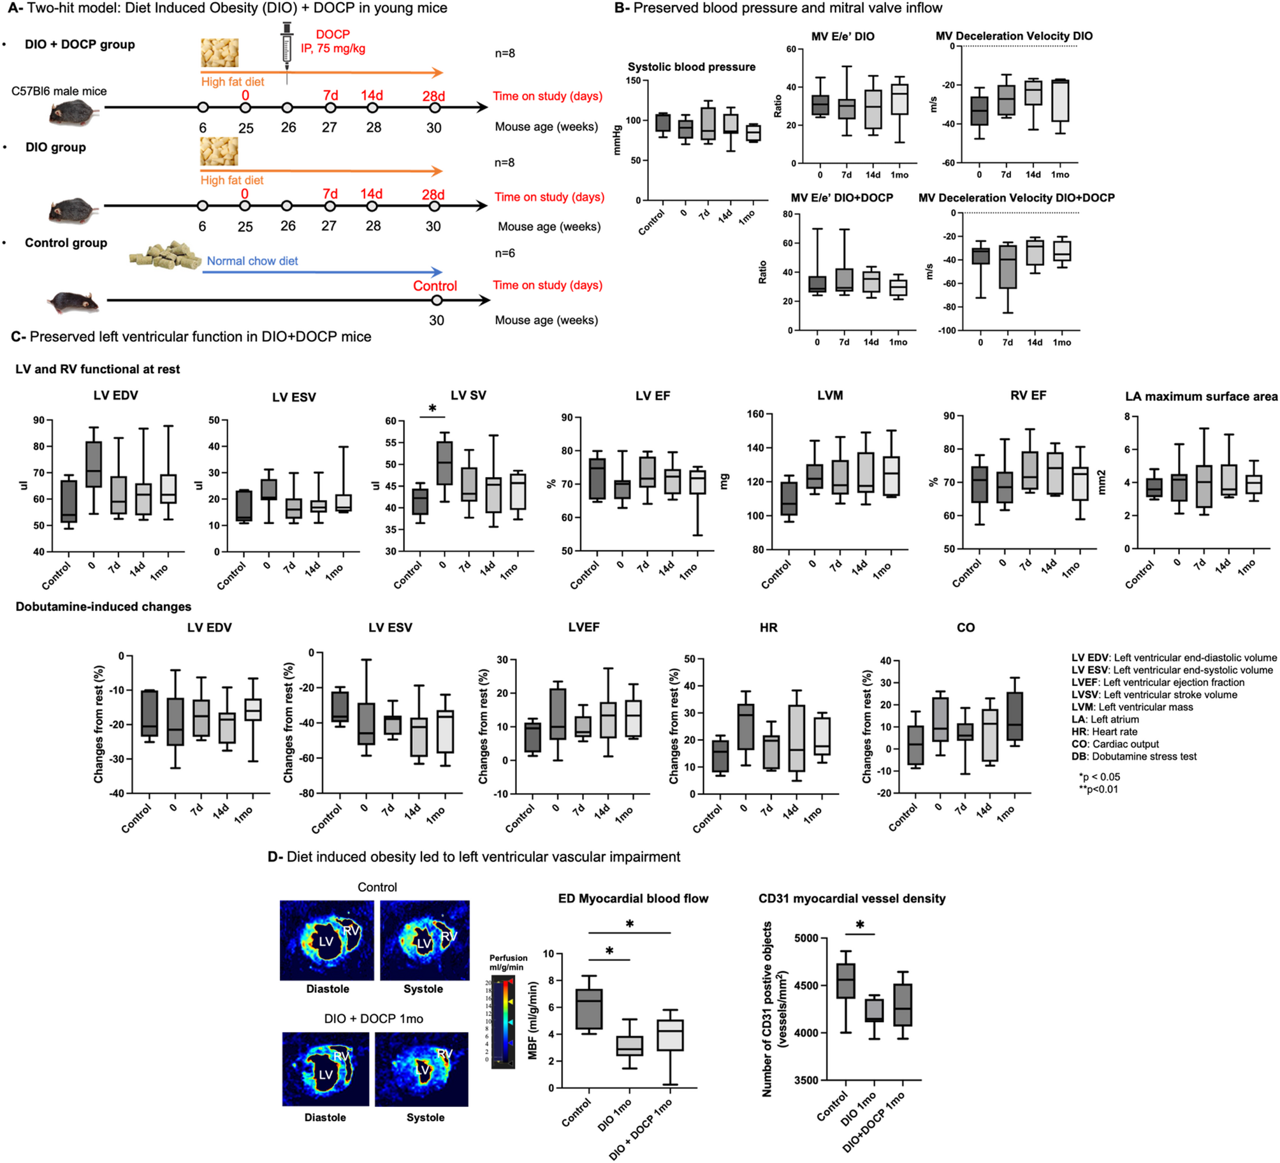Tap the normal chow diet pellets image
click(x=165, y=256)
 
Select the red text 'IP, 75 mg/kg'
click(x=333, y=48)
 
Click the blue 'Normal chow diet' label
click(x=252, y=261)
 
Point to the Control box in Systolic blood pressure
click(x=662, y=122)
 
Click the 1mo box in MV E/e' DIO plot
click(x=899, y=99)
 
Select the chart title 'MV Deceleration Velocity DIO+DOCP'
click(x=1015, y=198)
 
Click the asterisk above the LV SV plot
click(x=432, y=409)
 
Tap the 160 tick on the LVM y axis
click(x=755, y=414)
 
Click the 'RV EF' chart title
click(x=1028, y=395)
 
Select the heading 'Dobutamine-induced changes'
click(x=103, y=606)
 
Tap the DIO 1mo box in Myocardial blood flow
click(x=629, y=1045)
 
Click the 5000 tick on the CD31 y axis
click(x=806, y=938)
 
